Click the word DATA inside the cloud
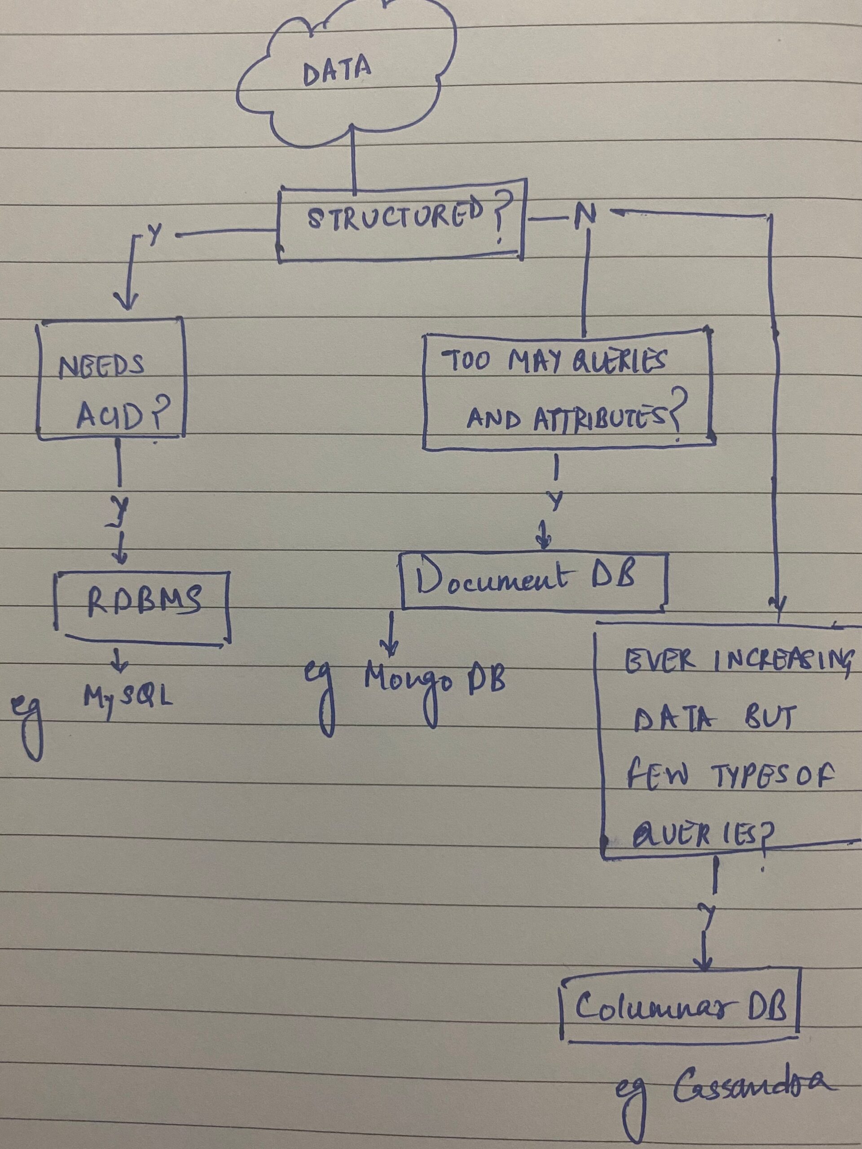pos(337,72)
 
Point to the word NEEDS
pos(102,367)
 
